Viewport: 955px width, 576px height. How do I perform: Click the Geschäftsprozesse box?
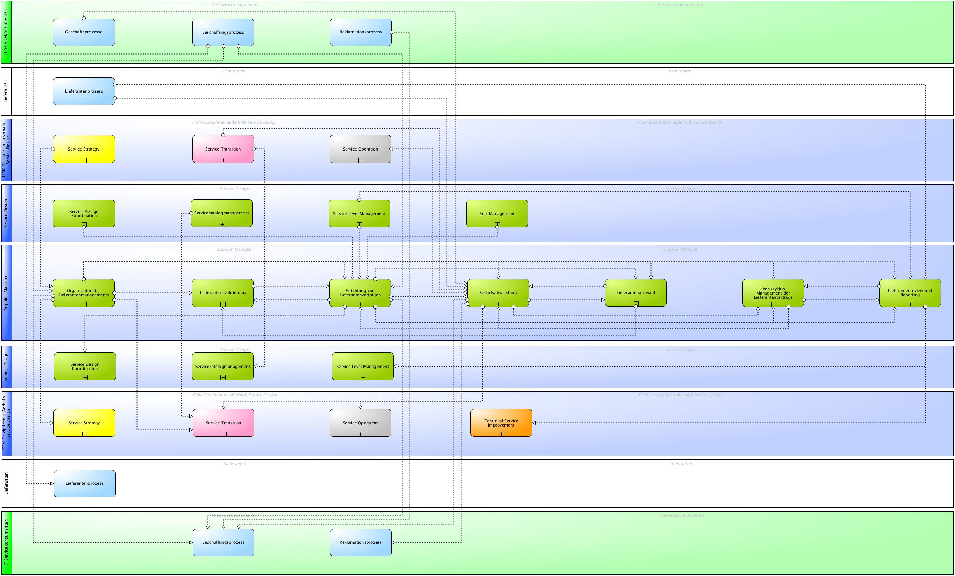(x=84, y=32)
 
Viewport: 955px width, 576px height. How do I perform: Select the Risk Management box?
(x=497, y=213)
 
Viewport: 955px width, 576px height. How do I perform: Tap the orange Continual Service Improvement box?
(x=501, y=422)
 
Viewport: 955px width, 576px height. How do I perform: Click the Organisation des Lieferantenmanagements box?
(x=84, y=293)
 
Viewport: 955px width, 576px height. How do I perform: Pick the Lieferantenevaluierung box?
(x=223, y=293)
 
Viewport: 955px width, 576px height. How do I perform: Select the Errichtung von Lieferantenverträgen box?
(x=360, y=293)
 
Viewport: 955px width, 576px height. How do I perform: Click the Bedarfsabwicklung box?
(x=498, y=293)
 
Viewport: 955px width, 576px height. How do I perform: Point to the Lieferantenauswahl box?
(x=635, y=293)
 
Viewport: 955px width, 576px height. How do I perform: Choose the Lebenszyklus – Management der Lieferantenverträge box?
(x=773, y=293)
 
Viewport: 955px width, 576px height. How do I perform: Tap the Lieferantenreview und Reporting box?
(x=910, y=293)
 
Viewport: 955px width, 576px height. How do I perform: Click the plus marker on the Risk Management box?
(x=497, y=225)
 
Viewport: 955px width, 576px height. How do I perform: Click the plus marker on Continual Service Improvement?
(x=501, y=434)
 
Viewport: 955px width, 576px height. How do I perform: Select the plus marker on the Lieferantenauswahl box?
(x=636, y=303)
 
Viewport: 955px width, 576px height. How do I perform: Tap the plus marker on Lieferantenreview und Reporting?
(x=910, y=304)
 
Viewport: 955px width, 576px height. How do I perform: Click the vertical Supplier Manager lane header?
(x=6, y=293)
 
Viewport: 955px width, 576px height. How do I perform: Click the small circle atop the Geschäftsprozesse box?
(x=84, y=18)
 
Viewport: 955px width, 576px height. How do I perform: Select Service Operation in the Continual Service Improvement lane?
(x=360, y=423)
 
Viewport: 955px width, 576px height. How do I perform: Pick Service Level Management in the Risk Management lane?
(x=359, y=213)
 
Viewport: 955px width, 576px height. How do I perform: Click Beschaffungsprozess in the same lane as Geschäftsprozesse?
(x=223, y=32)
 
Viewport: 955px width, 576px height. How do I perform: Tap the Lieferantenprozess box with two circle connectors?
(x=84, y=91)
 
